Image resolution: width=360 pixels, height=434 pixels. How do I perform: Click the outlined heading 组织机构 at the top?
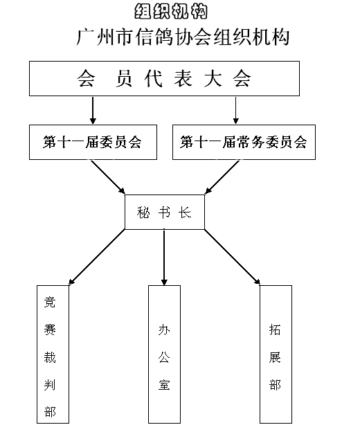pyautogui.click(x=171, y=11)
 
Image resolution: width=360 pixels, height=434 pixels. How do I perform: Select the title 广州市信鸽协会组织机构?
pyautogui.click(x=183, y=37)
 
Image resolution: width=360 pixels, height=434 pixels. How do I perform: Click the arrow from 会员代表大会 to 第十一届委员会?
pyautogui.click(x=93, y=110)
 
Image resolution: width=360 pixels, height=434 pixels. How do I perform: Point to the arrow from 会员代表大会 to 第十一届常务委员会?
pyautogui.click(x=235, y=110)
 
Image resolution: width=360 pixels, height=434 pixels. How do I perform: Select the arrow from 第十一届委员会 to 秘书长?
pyautogui.click(x=108, y=177)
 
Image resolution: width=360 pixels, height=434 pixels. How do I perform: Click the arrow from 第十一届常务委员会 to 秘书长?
pyautogui.click(x=222, y=177)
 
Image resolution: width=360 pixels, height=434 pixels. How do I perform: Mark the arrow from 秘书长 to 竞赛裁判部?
pyautogui.click(x=97, y=257)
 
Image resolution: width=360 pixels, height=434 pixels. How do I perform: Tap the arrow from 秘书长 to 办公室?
pyautogui.click(x=164, y=257)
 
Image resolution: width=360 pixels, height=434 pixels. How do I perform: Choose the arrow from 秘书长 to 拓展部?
pyautogui.click(x=233, y=257)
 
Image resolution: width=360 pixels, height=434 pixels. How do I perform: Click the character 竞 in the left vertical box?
pyautogui.click(x=50, y=302)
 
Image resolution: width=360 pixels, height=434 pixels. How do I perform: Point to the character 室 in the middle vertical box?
pyautogui.click(x=164, y=385)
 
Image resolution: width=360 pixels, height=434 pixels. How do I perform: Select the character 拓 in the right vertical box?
pyautogui.click(x=275, y=329)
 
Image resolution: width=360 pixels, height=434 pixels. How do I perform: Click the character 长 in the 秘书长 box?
pyautogui.click(x=185, y=213)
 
